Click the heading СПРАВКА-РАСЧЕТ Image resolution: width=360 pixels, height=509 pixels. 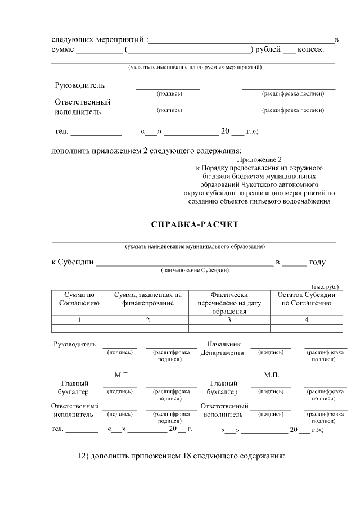pyautogui.click(x=195, y=224)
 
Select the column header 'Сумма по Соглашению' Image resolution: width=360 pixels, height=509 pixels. pyautogui.click(x=79, y=299)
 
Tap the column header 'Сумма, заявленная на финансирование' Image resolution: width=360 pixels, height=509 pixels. pyautogui.click(x=147, y=299)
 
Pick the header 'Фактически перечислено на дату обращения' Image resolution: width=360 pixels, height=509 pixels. pyautogui.click(x=229, y=303)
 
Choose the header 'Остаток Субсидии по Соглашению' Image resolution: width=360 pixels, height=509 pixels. pyautogui.click(x=306, y=299)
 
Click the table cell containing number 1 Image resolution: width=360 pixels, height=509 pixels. pyautogui.click(x=79, y=319)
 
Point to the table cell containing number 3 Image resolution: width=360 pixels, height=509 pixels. pyautogui.click(x=229, y=319)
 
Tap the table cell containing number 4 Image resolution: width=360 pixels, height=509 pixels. pyautogui.click(x=306, y=319)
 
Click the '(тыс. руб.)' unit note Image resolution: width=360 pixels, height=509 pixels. pyautogui.click(x=325, y=286)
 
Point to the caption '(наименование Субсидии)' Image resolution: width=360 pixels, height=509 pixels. pyautogui.click(x=195, y=270)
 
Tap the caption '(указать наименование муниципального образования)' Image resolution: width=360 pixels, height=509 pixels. pyautogui.click(x=195, y=246)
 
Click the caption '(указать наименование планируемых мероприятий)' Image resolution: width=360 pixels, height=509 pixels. pyautogui.click(x=195, y=67)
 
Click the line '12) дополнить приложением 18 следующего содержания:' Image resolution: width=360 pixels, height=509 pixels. pyautogui.click(x=181, y=455)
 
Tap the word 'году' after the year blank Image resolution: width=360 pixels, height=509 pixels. pyautogui.click(x=317, y=262)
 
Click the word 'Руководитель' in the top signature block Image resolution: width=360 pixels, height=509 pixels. pyautogui.click(x=79, y=85)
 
